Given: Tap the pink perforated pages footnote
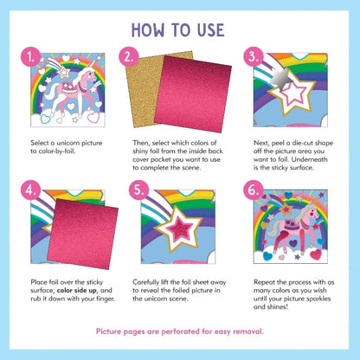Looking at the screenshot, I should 180,331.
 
